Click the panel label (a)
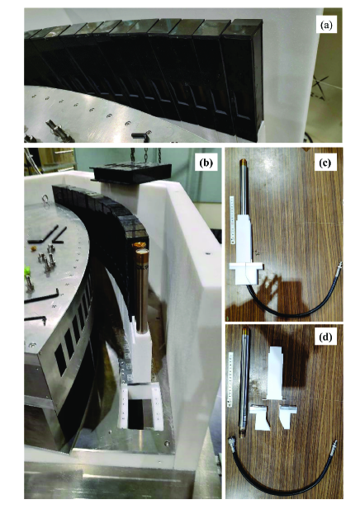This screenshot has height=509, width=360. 326,26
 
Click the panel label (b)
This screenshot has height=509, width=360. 206,163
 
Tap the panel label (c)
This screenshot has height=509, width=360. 325,163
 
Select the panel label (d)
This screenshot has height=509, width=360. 325,337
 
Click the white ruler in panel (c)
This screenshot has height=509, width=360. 232,219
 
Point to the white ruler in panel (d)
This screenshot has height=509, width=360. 232,379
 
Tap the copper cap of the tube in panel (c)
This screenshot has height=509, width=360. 244,163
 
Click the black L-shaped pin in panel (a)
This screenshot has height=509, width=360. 141,135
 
